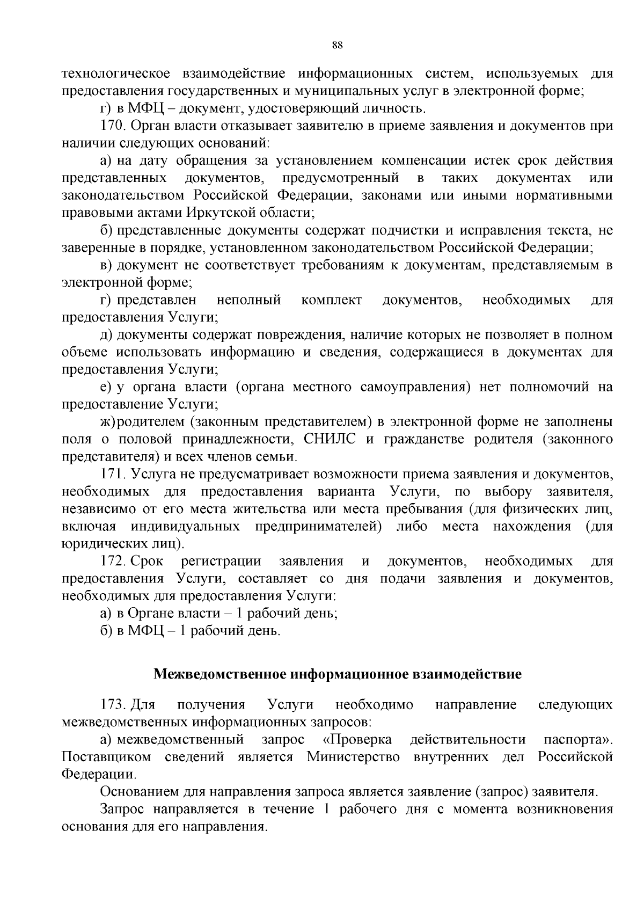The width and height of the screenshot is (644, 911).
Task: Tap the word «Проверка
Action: (x=357, y=740)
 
